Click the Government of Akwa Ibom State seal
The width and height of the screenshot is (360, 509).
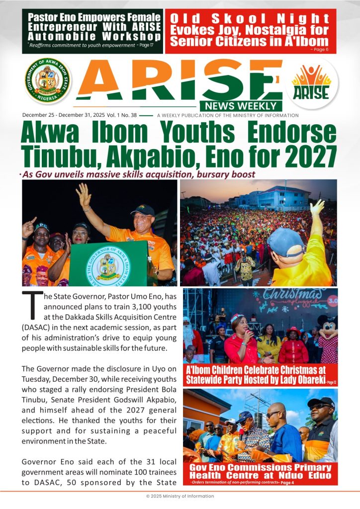(48, 81)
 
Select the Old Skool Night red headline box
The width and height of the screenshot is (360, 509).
(250, 31)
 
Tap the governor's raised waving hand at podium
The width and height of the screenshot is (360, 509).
(84, 195)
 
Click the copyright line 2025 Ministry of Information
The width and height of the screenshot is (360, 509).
(180, 496)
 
